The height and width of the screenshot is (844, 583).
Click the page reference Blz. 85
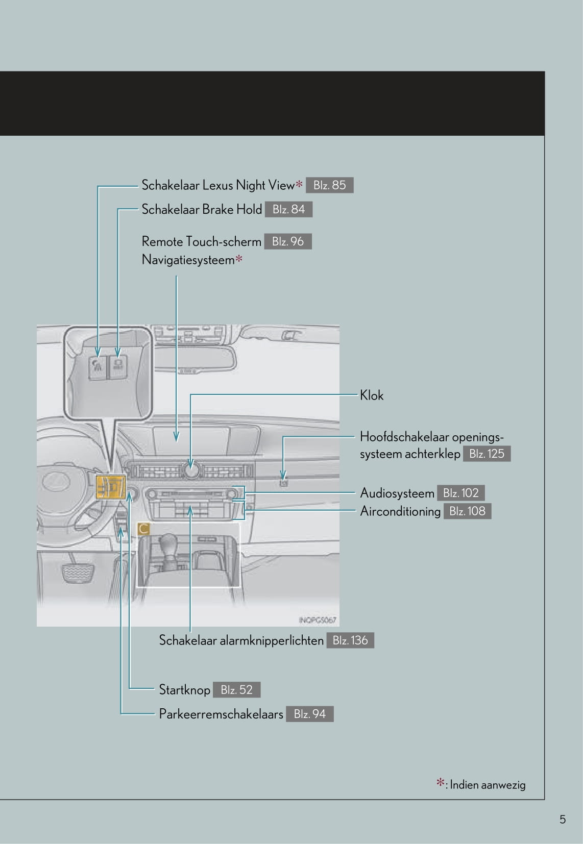pos(329,185)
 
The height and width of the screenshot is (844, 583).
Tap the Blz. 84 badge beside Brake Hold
pos(288,209)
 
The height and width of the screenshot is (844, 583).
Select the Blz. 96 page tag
pos(287,241)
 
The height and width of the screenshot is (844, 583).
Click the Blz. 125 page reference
pos(487,454)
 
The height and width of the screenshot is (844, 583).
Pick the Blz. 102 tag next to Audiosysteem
pos(460,493)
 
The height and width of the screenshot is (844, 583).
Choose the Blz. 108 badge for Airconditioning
pos(467,511)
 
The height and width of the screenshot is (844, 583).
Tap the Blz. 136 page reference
pos(350,640)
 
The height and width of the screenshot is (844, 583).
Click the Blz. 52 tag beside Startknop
pos(236,690)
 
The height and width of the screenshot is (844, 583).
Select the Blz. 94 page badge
pos(309,714)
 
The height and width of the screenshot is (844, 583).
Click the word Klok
pos(371,395)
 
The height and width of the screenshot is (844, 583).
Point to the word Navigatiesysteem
pos(188,260)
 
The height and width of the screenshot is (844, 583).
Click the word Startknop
pos(184,690)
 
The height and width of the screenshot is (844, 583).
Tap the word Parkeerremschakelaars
pos(221,714)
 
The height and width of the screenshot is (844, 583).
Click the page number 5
pos(563,820)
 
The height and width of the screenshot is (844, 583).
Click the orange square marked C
pos(143,529)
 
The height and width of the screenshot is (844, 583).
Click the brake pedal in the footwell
pos(78,573)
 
